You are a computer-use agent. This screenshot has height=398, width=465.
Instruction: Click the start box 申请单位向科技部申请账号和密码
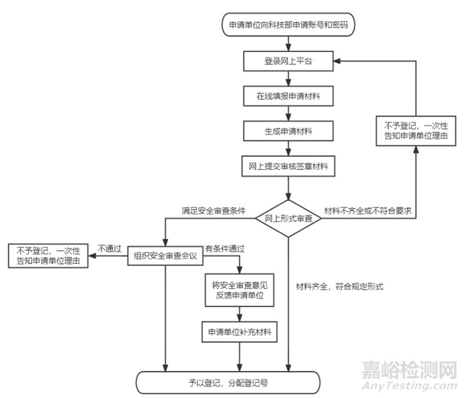tap(289, 25)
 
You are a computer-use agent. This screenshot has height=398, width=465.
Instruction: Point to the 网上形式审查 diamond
tap(289, 219)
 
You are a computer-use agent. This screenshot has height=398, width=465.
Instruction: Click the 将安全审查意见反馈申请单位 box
tap(239, 290)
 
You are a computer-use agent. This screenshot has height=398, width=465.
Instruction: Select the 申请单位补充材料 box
tap(239, 332)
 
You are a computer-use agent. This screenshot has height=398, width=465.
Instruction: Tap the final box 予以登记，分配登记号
tap(228, 381)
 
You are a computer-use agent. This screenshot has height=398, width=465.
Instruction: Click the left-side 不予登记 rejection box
tap(48, 256)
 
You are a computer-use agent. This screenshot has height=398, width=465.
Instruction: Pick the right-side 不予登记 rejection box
tap(416, 130)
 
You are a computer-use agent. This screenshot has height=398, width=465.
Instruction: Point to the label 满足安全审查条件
tap(213, 208)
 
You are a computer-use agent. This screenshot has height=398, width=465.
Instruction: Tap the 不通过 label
tap(109, 248)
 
